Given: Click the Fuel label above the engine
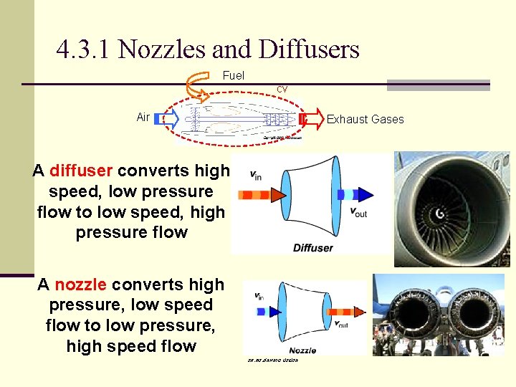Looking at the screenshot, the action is (x=234, y=75).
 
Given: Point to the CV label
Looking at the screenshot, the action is (x=282, y=89).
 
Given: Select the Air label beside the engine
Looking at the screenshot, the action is (x=143, y=117).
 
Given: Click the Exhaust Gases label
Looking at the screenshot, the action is (x=365, y=119).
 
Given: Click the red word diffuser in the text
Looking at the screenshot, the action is (x=81, y=171).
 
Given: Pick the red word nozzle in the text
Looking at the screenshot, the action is (x=80, y=285).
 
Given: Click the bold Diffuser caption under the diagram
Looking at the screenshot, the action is (x=313, y=248).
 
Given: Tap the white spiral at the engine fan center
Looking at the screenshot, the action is (x=439, y=214).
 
